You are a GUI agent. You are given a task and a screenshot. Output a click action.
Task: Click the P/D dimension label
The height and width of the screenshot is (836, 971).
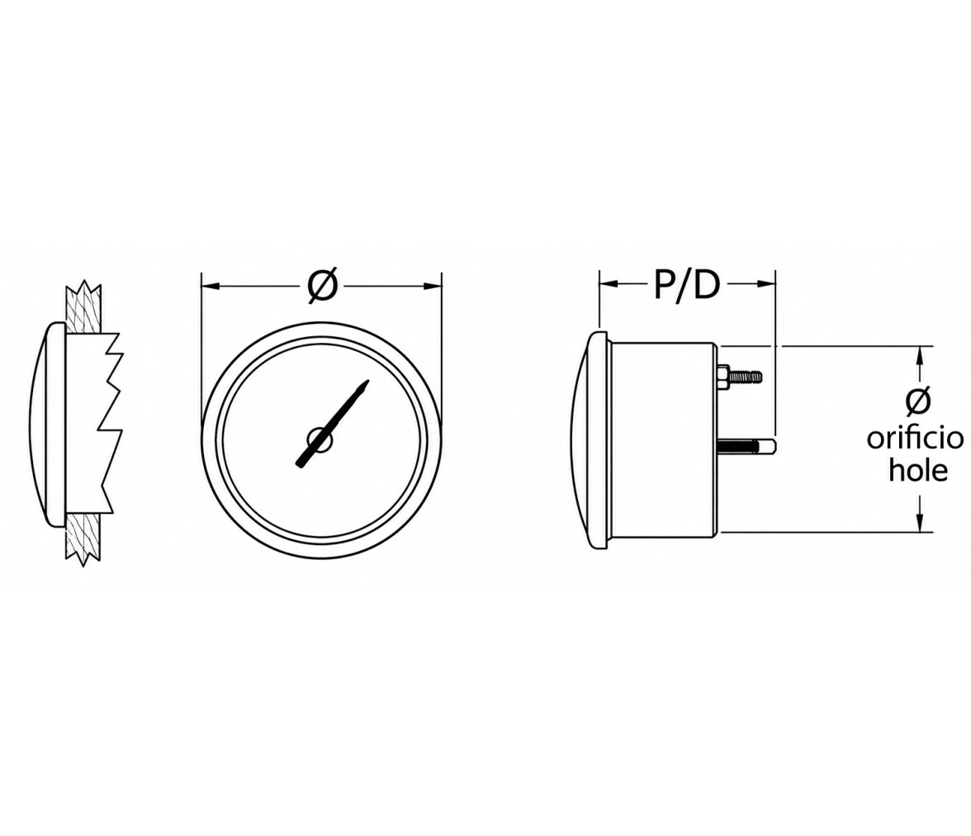coord(687,284)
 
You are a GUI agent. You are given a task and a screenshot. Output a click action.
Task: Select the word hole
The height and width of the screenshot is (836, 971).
coord(918,470)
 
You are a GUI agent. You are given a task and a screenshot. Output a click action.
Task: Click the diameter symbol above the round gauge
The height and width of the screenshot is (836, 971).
coord(323,286)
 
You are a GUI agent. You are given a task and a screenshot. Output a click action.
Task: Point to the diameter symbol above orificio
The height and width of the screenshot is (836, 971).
coord(918,401)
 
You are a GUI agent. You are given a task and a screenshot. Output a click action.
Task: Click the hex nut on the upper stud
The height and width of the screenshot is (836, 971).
coord(722,376)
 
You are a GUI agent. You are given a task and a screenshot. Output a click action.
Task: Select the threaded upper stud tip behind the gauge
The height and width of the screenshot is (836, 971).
coord(746,376)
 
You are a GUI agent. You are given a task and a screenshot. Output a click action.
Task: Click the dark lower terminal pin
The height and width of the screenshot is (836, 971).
coord(747,445)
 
